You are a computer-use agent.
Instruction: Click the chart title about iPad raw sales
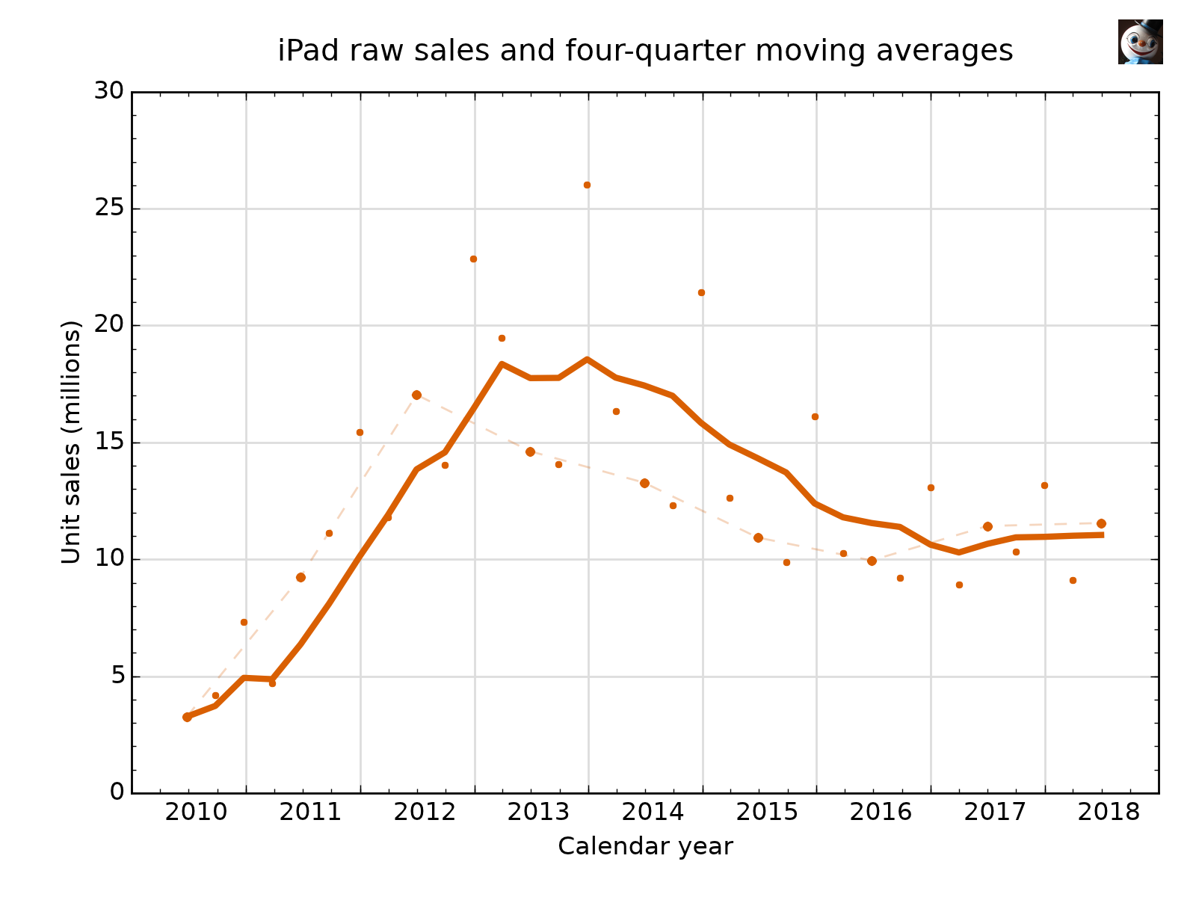point(645,51)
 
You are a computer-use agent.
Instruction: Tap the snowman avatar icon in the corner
point(1140,42)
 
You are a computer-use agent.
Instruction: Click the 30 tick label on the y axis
point(109,91)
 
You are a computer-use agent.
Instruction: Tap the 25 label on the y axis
point(109,209)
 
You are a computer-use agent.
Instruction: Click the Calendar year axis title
point(645,846)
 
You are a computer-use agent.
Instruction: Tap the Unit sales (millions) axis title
point(71,442)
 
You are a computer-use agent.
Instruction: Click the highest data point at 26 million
point(587,185)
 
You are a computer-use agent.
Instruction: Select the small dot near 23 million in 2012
point(473,259)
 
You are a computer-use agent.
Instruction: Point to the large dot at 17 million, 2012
point(416,395)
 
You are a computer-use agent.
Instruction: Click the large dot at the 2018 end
point(1101,523)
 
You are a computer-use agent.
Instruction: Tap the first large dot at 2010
point(187,717)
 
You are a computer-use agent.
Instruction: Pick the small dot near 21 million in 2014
point(701,292)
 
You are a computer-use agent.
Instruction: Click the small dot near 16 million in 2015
point(815,416)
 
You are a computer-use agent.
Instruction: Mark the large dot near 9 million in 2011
point(300,577)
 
